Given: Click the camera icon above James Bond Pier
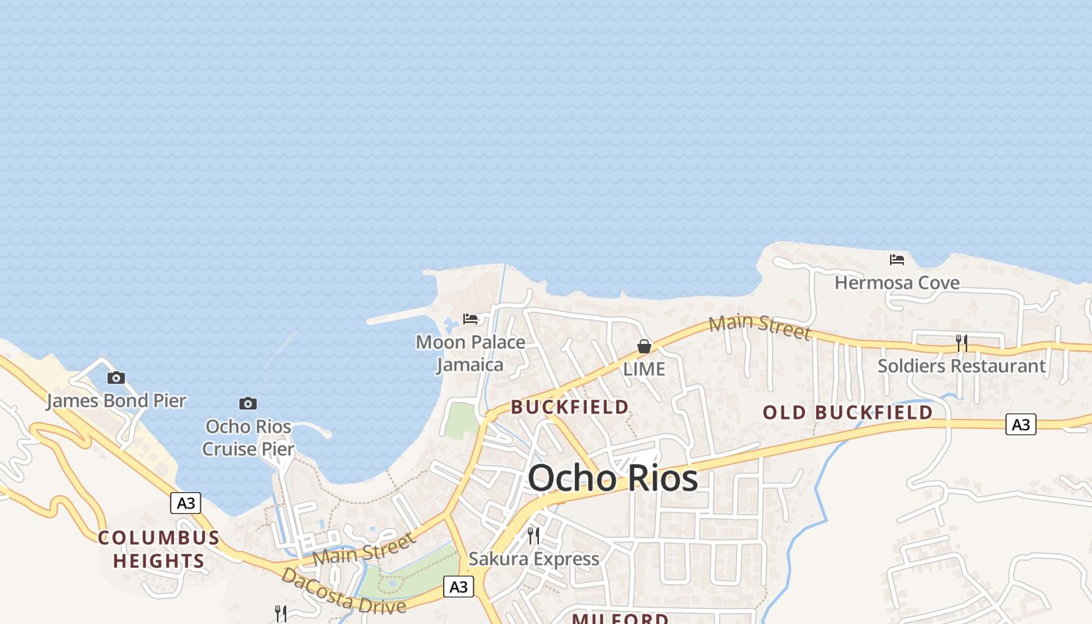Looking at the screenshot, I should [x=116, y=378].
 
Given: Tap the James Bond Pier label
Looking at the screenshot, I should [x=116, y=401].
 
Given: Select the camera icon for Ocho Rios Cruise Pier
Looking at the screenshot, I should [x=248, y=403].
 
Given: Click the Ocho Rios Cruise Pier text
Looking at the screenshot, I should [x=249, y=438].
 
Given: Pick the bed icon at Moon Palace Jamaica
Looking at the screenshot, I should [x=470, y=319].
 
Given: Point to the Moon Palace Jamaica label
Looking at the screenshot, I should [x=470, y=353].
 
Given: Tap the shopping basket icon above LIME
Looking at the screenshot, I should [x=644, y=346].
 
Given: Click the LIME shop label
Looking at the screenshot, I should [x=644, y=369].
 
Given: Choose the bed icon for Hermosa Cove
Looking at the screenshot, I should [x=897, y=260].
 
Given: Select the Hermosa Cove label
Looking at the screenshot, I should [x=897, y=282].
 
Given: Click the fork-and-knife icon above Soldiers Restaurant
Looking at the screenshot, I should [x=962, y=343].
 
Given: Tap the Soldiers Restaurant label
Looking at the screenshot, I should [x=962, y=366].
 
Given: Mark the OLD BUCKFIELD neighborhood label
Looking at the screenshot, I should [x=848, y=413].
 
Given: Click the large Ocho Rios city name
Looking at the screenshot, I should [x=613, y=477].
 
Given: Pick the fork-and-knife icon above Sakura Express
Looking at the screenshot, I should [x=534, y=536].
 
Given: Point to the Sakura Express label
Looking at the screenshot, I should [x=534, y=558].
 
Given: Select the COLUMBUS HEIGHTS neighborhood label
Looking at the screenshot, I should [x=159, y=549].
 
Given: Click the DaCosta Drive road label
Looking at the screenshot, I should [x=343, y=592].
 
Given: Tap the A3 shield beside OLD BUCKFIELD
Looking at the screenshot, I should [x=1020, y=424].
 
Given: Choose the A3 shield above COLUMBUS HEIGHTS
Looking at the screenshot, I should [x=186, y=503].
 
